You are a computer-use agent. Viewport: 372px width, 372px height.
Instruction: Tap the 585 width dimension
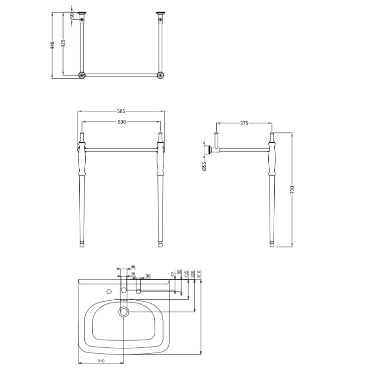pos(121,111)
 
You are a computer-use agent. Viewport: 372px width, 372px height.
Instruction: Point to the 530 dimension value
pos(121,122)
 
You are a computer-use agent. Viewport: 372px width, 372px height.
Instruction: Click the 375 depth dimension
pos(244,123)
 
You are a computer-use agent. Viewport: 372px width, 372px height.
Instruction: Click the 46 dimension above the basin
pos(133,267)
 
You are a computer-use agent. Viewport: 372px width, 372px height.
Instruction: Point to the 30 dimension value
pos(148,276)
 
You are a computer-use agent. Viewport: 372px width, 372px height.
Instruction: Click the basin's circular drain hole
pos(124,312)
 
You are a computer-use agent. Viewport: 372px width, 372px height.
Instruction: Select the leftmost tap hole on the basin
pos(109,291)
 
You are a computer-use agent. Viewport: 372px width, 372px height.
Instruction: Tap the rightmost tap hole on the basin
pos(138,291)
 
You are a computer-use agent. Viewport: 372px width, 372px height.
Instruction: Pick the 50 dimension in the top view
pos(72,15)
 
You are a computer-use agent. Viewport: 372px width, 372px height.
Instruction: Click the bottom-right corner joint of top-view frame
pos(160,75)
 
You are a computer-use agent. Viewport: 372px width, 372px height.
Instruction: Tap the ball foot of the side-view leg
pos(271,245)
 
